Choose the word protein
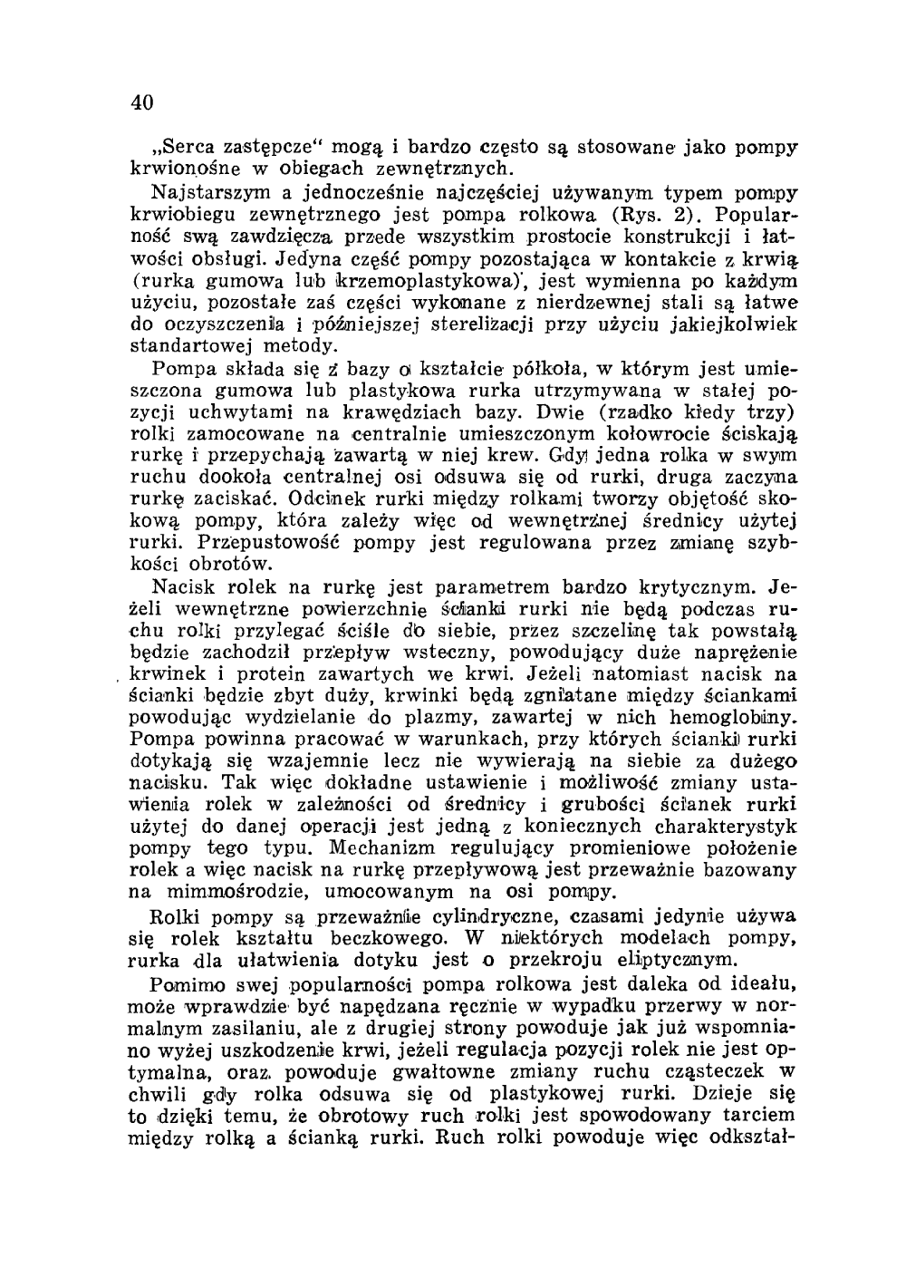coord(251,675)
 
